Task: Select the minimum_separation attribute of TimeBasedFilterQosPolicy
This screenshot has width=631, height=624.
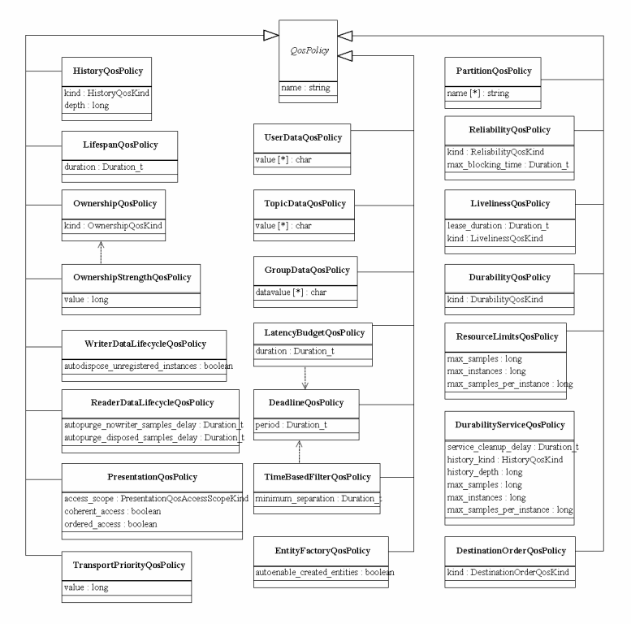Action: point(318,498)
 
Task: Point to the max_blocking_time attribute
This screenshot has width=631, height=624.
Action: point(508,165)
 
